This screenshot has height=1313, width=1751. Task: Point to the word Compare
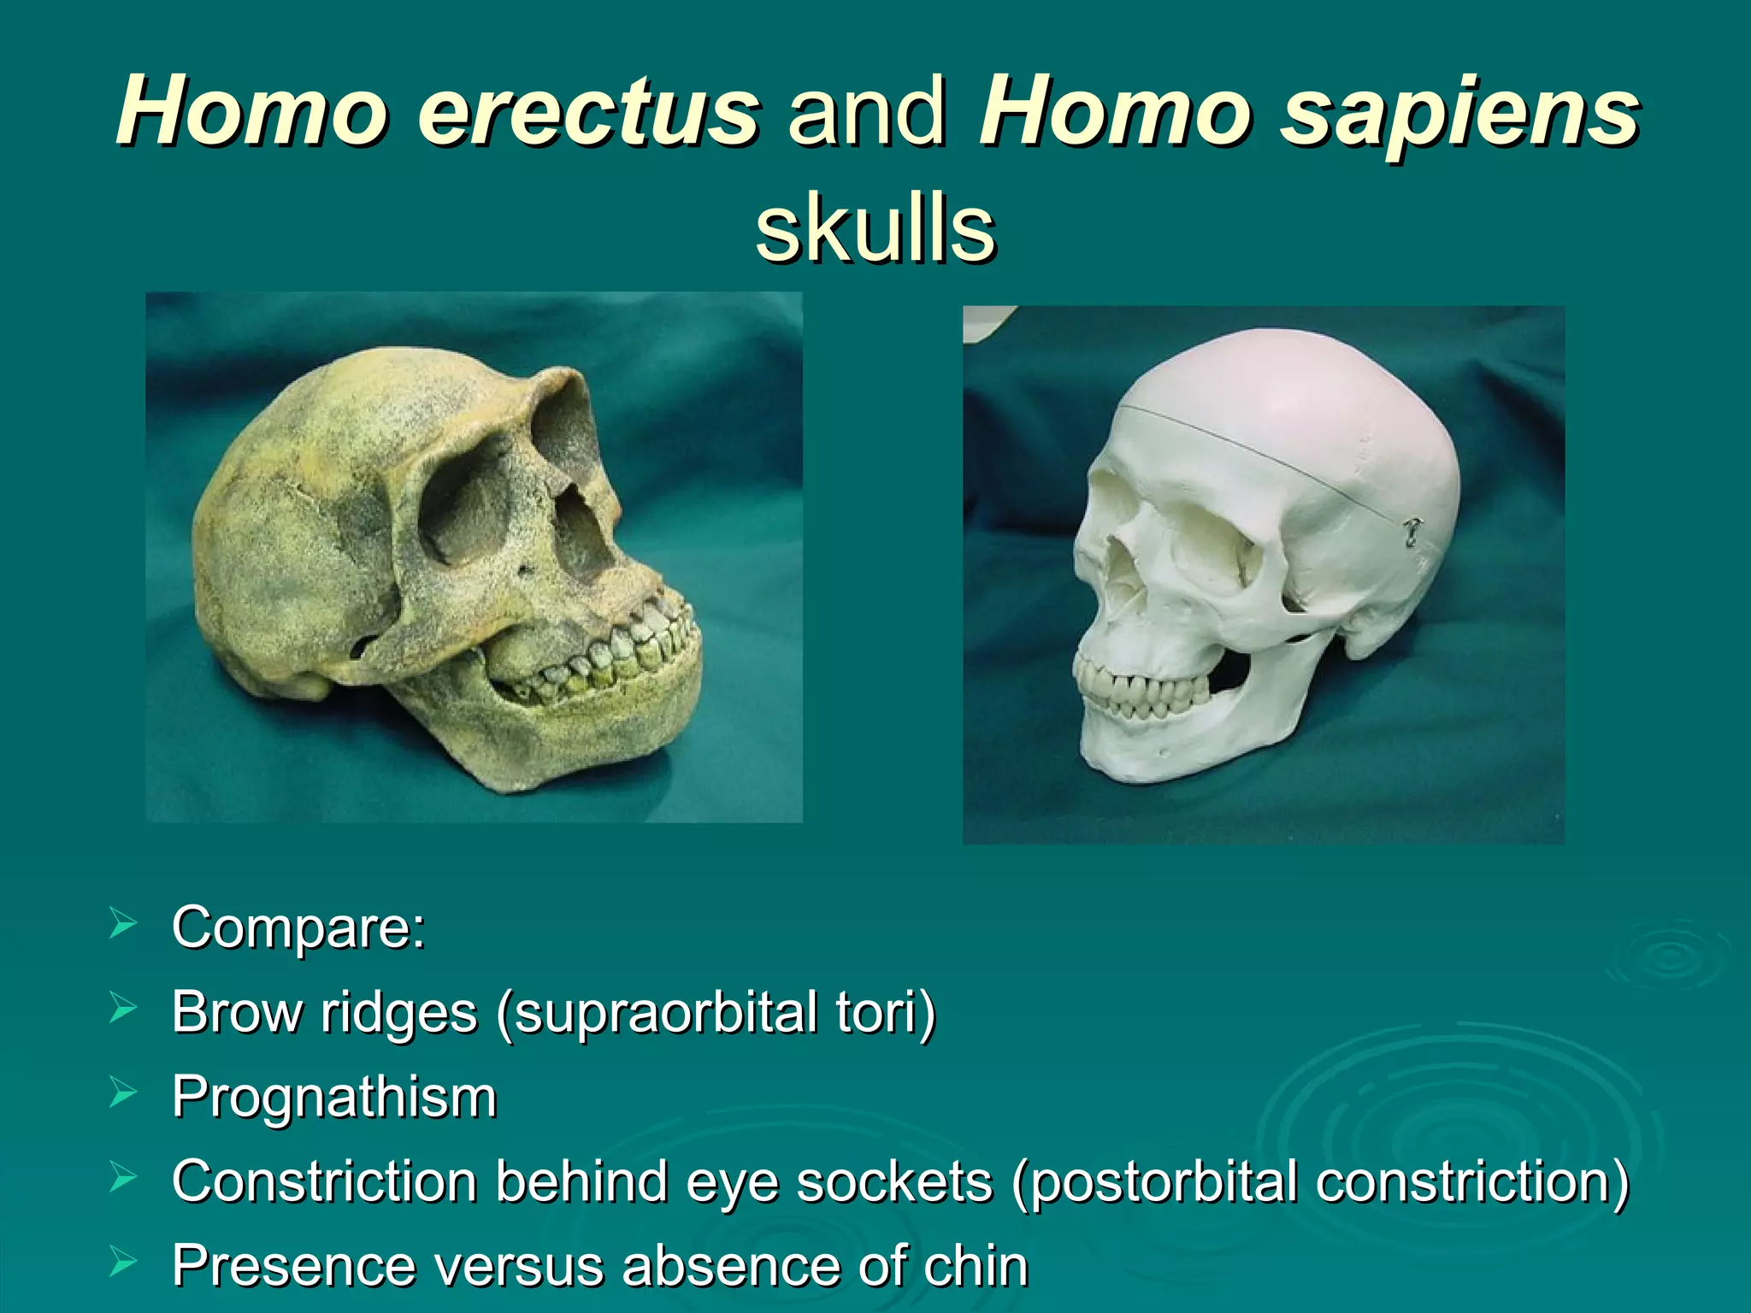click(298, 927)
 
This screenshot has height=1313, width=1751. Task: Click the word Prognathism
click(334, 1097)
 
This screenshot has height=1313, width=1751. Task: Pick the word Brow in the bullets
click(236, 1012)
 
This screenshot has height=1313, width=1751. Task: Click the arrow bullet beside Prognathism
click(123, 1093)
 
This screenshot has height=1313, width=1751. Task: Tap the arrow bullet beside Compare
click(123, 924)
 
